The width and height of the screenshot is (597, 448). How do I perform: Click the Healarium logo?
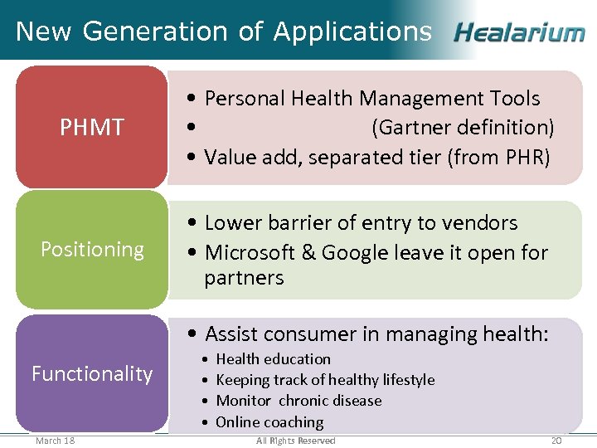(x=519, y=33)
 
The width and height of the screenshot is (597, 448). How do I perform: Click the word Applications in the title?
(x=352, y=32)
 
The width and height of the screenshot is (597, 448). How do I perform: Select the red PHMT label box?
(x=92, y=127)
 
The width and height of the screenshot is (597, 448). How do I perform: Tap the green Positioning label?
(x=92, y=250)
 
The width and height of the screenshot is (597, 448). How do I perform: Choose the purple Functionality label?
(x=92, y=374)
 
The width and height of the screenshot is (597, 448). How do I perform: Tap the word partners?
(x=244, y=278)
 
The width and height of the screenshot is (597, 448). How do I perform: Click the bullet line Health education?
(x=273, y=359)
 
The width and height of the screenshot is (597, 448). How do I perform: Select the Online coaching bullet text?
(x=269, y=422)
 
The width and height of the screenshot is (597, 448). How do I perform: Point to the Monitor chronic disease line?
(x=298, y=401)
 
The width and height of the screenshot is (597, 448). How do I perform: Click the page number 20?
(x=556, y=441)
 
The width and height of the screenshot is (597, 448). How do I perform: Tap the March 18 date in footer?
(x=55, y=441)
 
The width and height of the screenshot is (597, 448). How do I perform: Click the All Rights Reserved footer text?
(x=296, y=441)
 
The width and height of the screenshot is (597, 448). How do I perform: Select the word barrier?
(x=295, y=223)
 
